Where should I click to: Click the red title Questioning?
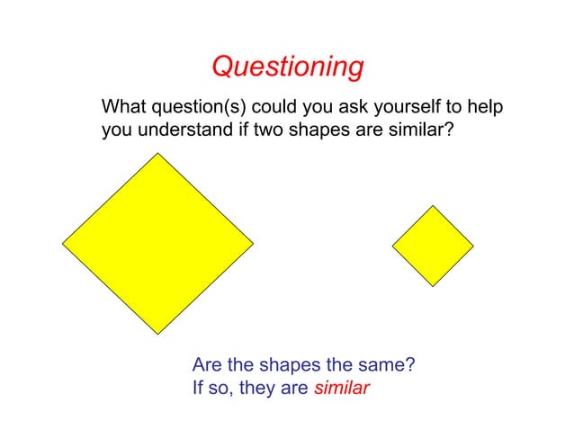(x=287, y=67)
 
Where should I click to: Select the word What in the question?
(x=123, y=108)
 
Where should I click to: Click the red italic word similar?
(x=342, y=390)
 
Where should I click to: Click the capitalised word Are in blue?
(x=208, y=366)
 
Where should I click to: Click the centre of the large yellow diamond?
(x=158, y=243)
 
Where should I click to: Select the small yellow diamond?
(x=433, y=246)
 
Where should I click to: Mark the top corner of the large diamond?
(x=159, y=153)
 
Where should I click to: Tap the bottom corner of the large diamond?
(x=158, y=335)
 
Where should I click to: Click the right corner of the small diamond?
(x=473, y=246)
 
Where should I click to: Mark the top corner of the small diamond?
(x=434, y=206)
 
